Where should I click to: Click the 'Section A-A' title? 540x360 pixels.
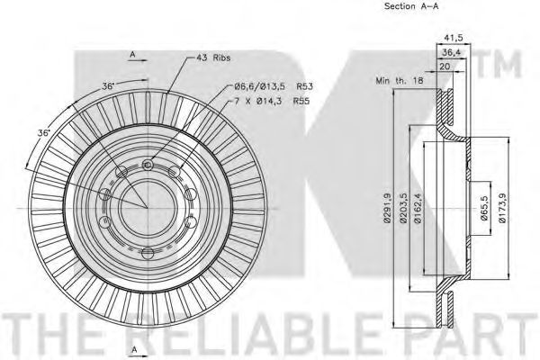coord(411,6)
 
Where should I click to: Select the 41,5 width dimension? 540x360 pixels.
coord(454,38)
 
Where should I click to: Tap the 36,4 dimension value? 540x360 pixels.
coord(452,53)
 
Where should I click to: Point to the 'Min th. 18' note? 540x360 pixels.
coord(400,81)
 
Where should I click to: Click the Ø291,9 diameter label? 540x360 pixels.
coord(387,208)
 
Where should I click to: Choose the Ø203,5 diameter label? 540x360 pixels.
coord(403,208)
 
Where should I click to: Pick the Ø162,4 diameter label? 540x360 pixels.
coord(418,208)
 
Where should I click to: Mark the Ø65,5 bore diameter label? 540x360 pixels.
coord(484,208)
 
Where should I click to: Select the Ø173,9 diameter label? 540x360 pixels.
coord(502,208)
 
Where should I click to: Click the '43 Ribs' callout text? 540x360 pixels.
coord(213,58)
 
